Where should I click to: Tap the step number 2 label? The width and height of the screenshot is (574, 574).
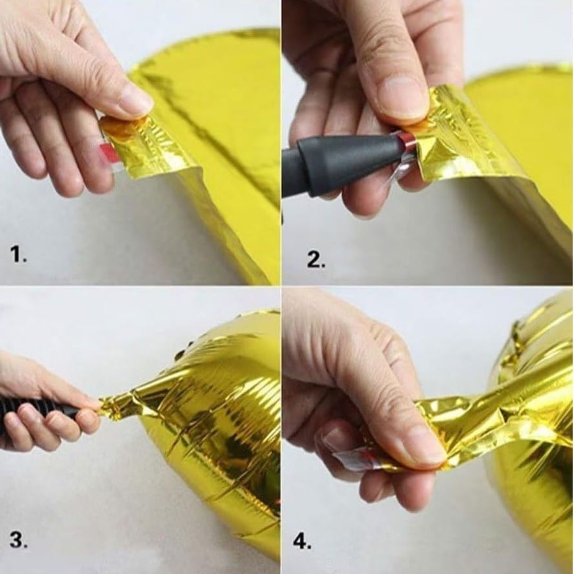click(x=316, y=260)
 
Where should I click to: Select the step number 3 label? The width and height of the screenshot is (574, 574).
click(x=18, y=540)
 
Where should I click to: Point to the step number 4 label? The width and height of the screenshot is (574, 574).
click(x=302, y=541)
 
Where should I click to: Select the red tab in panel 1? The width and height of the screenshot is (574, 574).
click(x=107, y=152)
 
